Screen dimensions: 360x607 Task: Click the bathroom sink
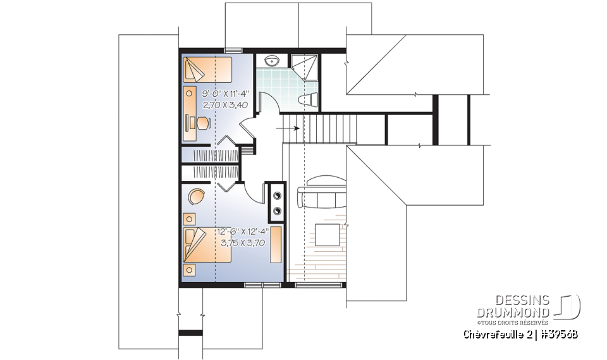(x=273, y=61)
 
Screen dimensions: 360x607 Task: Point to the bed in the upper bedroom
(x=207, y=68)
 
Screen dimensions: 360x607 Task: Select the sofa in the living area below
(x=322, y=196)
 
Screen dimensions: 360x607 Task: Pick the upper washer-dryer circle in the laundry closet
(x=276, y=196)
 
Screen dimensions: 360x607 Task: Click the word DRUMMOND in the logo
(x=513, y=311)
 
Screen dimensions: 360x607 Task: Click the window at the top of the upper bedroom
(x=233, y=51)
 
